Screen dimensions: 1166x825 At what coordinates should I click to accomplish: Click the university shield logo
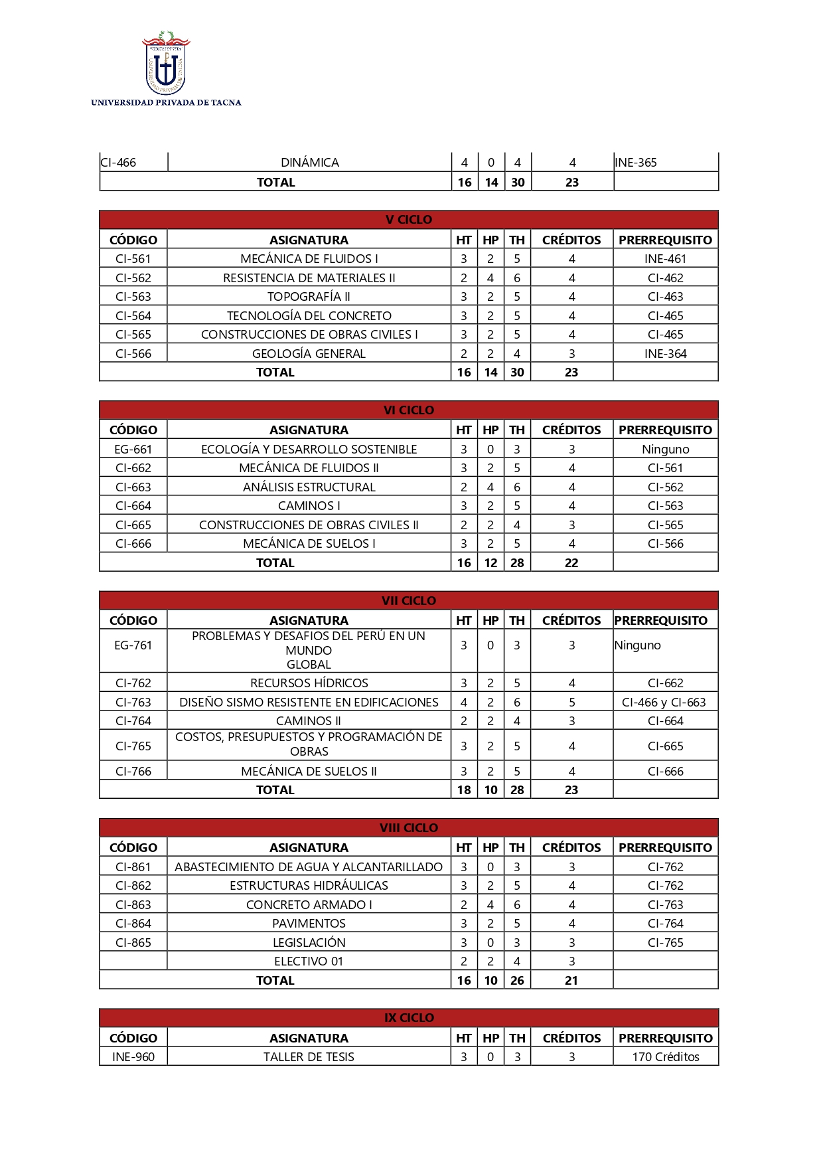pos(166,63)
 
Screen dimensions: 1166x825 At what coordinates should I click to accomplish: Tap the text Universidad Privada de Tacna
pos(166,103)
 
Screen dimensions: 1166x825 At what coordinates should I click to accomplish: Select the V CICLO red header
pos(408,220)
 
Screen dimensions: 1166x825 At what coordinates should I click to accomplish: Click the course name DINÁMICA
pos(309,163)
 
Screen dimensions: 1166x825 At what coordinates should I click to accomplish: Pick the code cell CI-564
pos(133,316)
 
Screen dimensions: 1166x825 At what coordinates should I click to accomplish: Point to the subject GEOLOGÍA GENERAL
pos(309,354)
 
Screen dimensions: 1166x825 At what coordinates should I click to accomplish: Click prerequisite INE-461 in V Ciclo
pos(665,259)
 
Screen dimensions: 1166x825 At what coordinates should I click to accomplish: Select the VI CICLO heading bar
pos(408,410)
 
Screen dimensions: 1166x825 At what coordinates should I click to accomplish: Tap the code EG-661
pos(133,450)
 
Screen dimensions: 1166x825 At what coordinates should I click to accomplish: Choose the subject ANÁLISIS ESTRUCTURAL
pos(309,487)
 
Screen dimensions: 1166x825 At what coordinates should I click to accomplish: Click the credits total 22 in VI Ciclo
pos(571,563)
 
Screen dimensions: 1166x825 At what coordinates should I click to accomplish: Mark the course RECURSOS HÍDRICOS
pos(309,683)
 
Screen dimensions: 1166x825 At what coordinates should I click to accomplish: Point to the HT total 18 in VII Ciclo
pos(464,790)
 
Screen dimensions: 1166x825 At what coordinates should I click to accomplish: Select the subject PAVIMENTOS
pos(309,924)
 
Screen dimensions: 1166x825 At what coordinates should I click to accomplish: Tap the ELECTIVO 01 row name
pos(309,961)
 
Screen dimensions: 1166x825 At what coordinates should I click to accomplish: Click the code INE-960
pos(133,1057)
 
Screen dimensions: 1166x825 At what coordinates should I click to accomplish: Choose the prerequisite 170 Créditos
pos(665,1057)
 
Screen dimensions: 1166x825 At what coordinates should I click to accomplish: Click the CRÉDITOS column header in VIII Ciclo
pos(571,848)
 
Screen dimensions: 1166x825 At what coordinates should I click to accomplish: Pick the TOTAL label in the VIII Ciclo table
pos(275,981)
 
